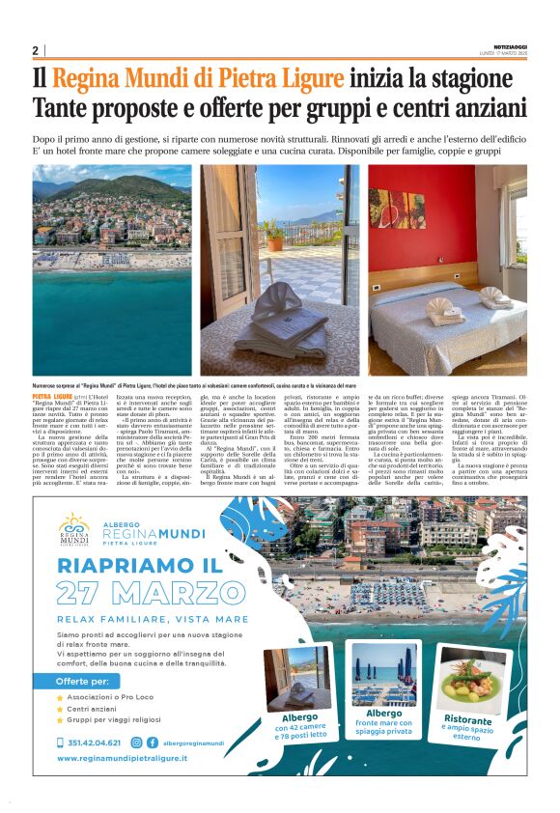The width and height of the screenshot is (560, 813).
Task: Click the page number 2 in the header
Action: [35, 50]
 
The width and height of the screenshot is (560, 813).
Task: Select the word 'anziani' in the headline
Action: [487, 107]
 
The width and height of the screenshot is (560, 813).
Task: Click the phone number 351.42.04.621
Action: [94, 743]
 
